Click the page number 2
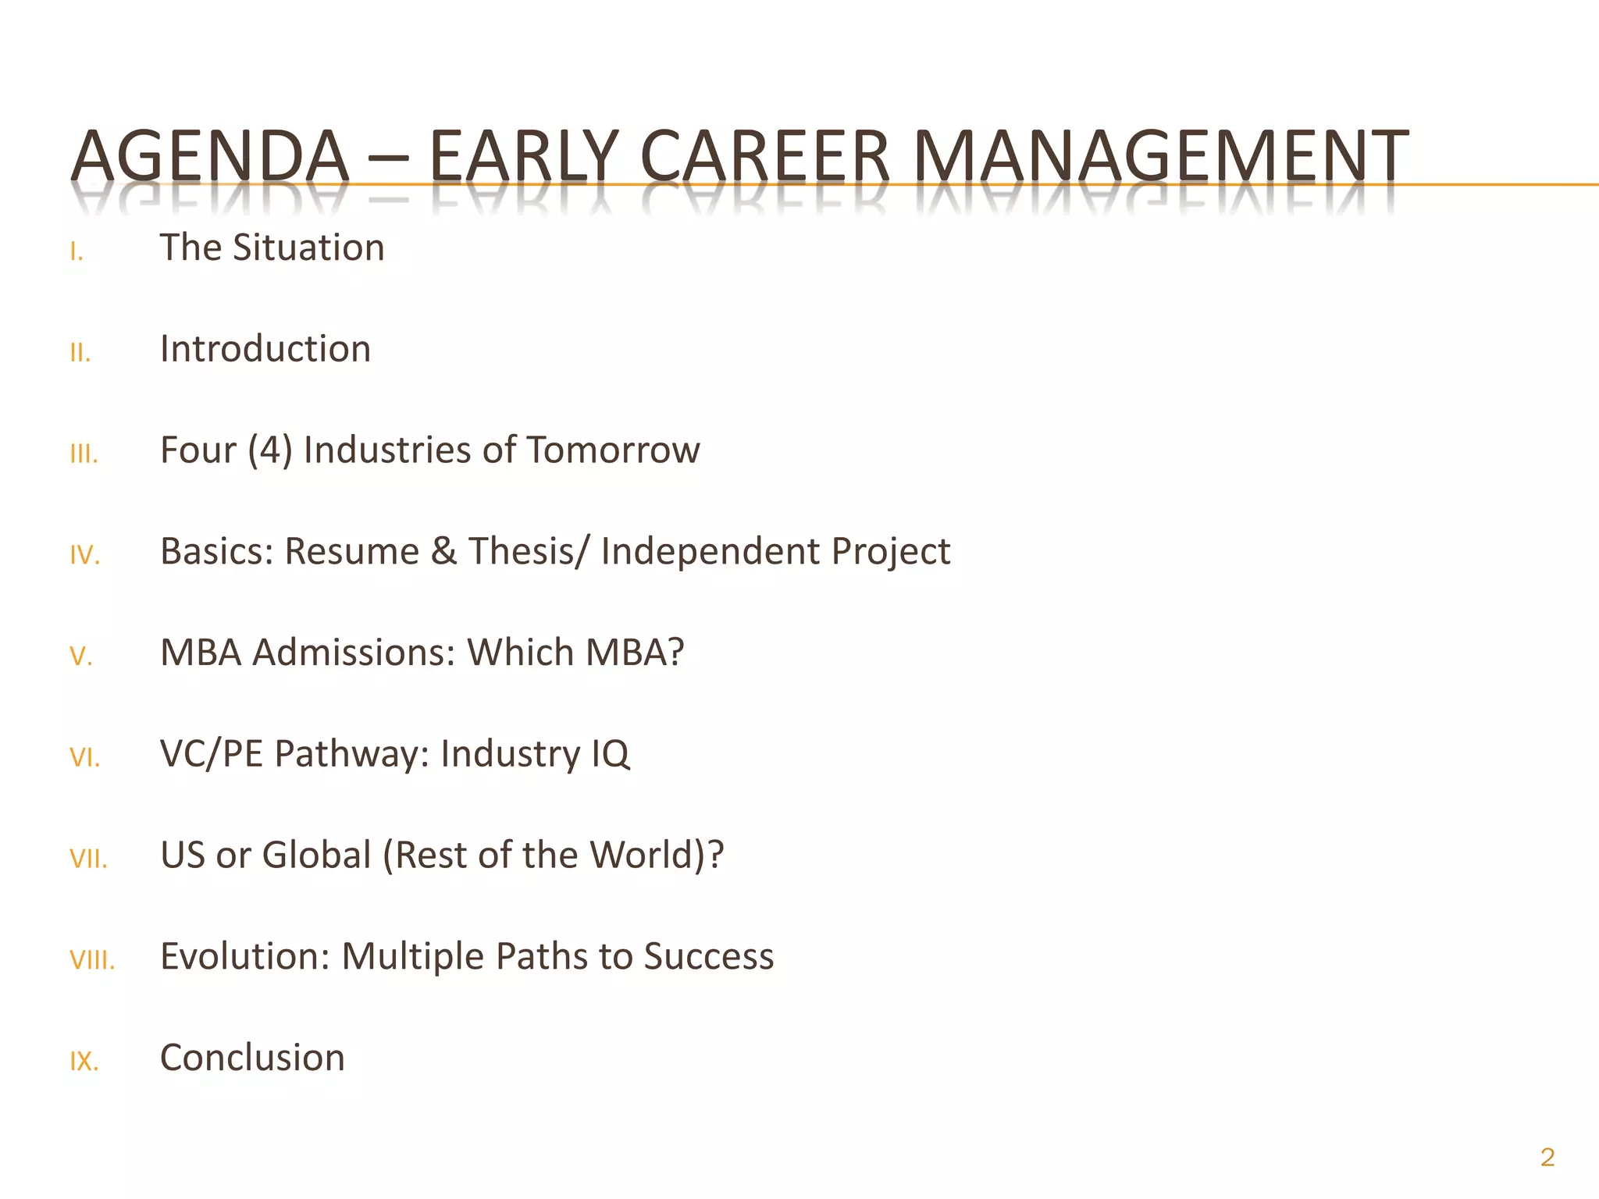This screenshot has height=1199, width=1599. click(1547, 1157)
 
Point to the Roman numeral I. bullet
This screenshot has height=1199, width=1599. click(77, 252)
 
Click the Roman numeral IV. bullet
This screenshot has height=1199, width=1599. click(85, 556)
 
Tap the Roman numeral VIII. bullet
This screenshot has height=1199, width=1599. click(92, 960)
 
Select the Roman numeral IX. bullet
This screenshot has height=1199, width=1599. click(84, 1062)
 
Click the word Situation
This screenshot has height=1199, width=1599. click(308, 248)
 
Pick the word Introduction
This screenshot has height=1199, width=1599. click(265, 349)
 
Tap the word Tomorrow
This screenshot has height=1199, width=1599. click(613, 450)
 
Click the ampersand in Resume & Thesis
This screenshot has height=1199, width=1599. click(443, 551)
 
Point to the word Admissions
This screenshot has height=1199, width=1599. click(354, 653)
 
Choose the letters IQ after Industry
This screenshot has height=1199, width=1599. click(610, 754)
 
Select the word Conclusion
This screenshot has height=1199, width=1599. click(252, 1058)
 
